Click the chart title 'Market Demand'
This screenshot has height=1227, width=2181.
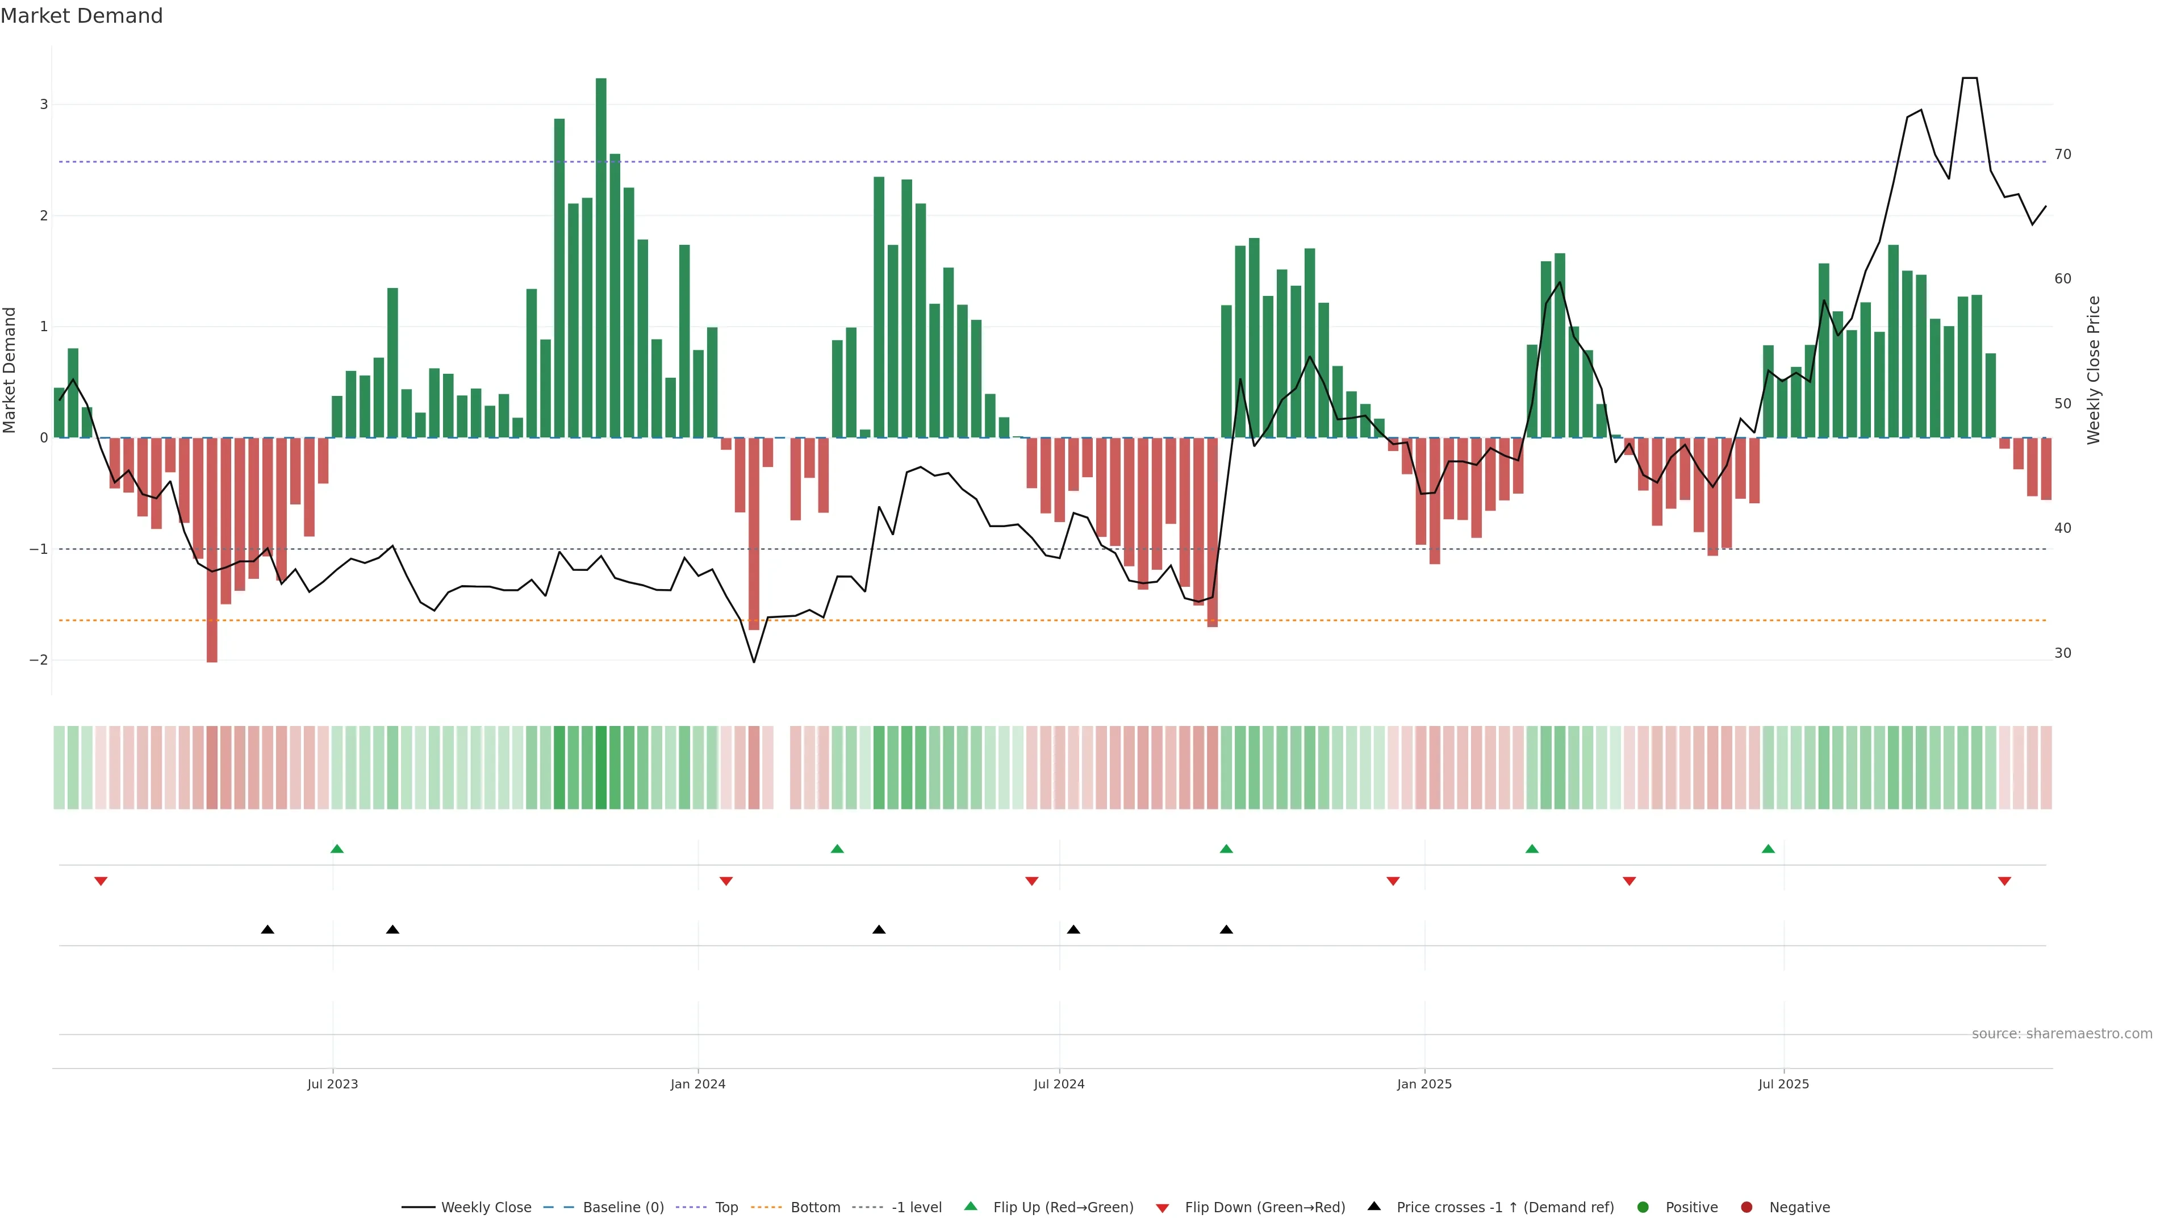point(81,16)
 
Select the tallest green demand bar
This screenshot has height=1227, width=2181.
point(601,254)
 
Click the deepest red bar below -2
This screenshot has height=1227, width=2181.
point(212,550)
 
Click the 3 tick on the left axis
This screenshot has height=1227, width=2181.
point(44,104)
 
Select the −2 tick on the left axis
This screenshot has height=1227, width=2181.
point(40,661)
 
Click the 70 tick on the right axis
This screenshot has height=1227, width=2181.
point(2063,154)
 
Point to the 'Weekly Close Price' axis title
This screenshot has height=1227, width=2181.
point(2094,370)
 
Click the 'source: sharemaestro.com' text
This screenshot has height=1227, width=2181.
point(2062,1034)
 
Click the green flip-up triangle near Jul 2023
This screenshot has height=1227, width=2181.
point(337,849)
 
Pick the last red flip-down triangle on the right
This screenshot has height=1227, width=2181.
point(2004,882)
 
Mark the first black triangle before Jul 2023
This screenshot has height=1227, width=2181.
point(268,930)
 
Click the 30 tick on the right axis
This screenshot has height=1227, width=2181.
point(2063,653)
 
